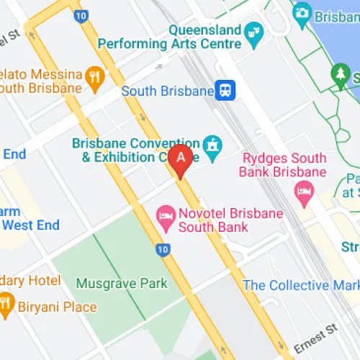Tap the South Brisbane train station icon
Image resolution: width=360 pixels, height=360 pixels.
pos(227,91)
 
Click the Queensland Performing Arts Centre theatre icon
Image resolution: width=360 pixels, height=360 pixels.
pos(253,31)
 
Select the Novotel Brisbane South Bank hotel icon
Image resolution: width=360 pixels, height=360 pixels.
pos(166,214)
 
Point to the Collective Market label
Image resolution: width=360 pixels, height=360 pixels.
pos(301,285)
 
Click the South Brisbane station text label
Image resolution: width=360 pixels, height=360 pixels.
pos(168,91)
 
